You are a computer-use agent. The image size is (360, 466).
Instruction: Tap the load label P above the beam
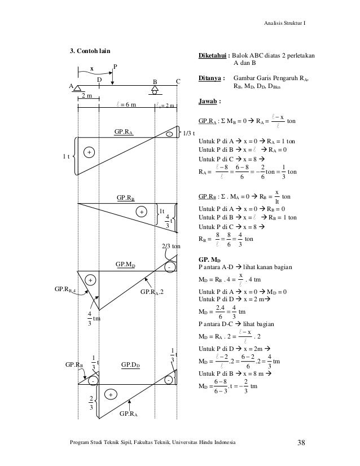pos(115,66)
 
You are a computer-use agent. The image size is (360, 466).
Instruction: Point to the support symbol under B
pos(155,89)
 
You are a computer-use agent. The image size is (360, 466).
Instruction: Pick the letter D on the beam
pos(99,81)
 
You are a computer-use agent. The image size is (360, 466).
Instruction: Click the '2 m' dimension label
pos(87,96)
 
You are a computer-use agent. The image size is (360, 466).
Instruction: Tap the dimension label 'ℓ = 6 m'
pos(125,104)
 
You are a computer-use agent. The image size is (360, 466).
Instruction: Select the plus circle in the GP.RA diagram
pos(89,152)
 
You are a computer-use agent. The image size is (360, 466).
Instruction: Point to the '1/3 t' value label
pos(190,134)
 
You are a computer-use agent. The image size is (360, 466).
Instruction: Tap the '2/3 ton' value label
pos(171,247)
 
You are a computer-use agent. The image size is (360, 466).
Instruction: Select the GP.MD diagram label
pos(125,264)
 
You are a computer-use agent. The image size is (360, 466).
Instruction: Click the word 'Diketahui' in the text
pos(213,56)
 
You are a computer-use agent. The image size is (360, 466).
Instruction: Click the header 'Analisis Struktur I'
pos(287,23)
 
